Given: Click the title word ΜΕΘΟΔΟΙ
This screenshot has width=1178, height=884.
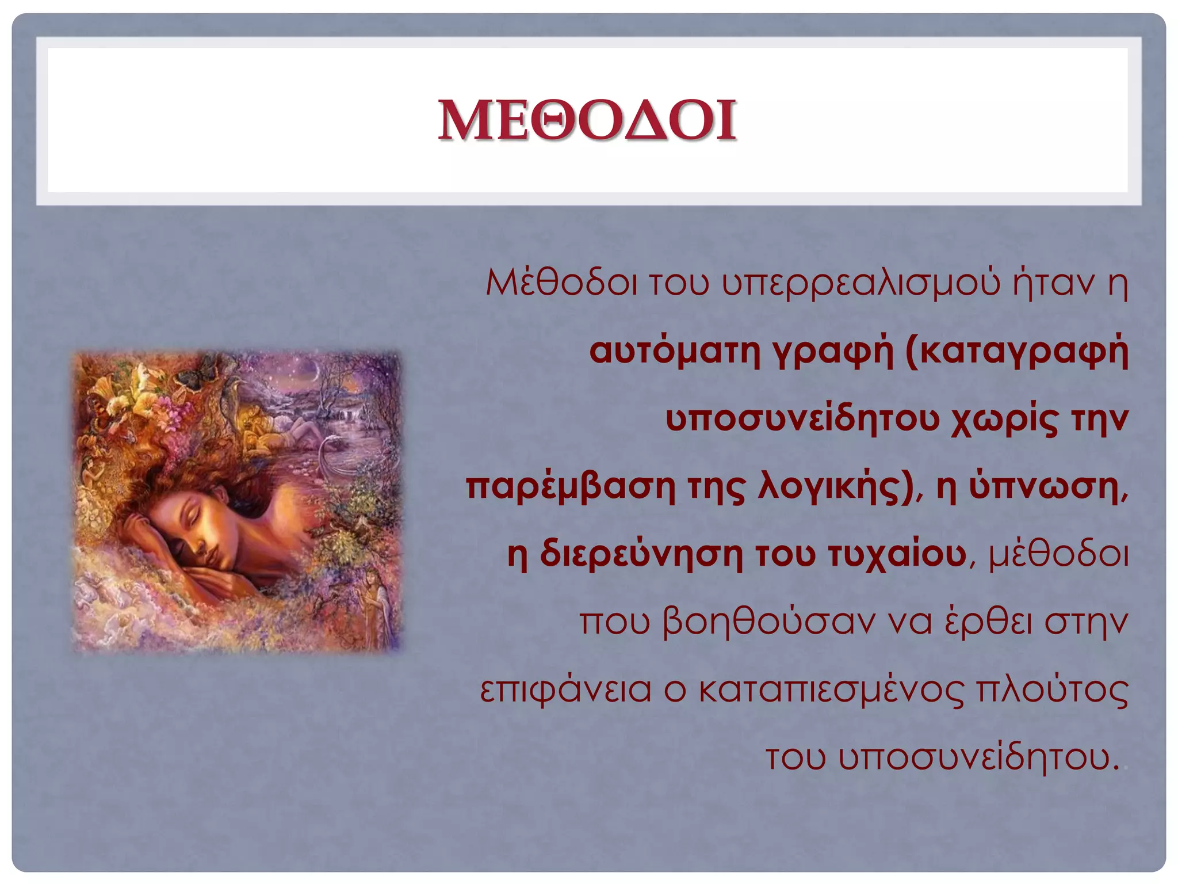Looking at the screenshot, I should tap(587, 120).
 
